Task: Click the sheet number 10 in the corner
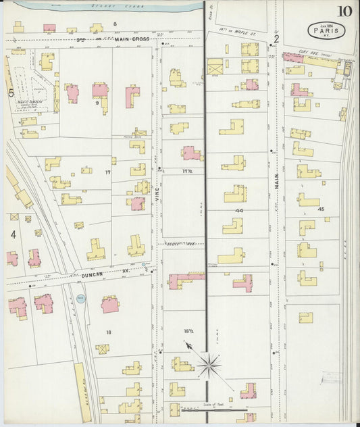point(344,11)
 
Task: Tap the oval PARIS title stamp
point(324,30)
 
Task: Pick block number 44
point(239,211)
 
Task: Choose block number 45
point(321,209)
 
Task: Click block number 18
point(108,332)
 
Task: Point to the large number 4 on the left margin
point(12,234)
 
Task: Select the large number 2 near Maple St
point(276,39)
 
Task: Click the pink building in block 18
point(110,305)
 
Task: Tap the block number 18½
point(187,331)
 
